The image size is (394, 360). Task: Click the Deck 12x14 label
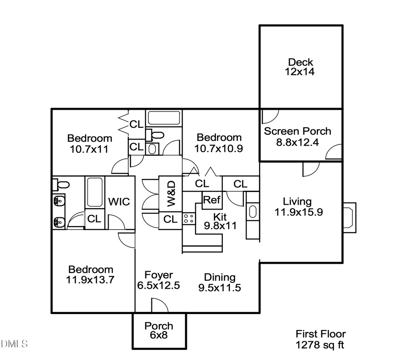click(x=301, y=67)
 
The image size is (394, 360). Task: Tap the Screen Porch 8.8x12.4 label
click(x=297, y=136)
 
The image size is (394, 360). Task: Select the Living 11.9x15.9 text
click(x=297, y=206)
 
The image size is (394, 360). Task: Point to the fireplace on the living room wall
click(x=349, y=216)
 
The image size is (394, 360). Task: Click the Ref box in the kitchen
click(x=211, y=200)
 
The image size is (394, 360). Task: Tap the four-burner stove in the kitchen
click(x=189, y=219)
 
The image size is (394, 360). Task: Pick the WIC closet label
click(x=119, y=202)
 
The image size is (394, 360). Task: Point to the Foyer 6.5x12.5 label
click(x=158, y=280)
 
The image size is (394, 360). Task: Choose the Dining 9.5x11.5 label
click(x=220, y=283)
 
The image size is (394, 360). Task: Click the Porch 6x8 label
click(x=159, y=330)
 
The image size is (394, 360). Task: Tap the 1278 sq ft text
click(x=320, y=345)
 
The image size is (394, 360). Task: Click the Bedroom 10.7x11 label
click(x=89, y=143)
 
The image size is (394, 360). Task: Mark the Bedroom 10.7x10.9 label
click(x=219, y=143)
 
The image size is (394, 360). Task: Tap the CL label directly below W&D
click(x=170, y=219)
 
